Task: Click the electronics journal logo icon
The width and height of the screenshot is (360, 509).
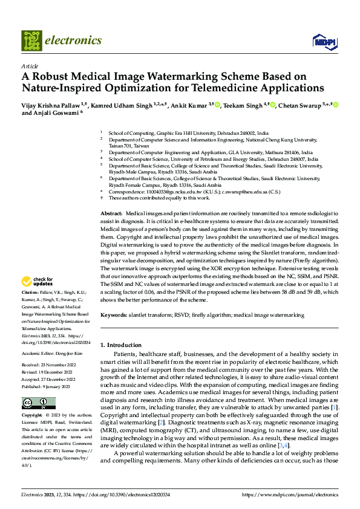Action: [x=31, y=41]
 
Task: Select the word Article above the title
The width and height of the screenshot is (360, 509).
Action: [x=29, y=66]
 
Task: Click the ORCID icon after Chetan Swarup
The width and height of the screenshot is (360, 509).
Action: [x=336, y=105]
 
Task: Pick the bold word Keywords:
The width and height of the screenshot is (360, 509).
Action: [x=114, y=316]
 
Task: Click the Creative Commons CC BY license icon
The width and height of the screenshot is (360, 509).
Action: [x=38, y=403]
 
